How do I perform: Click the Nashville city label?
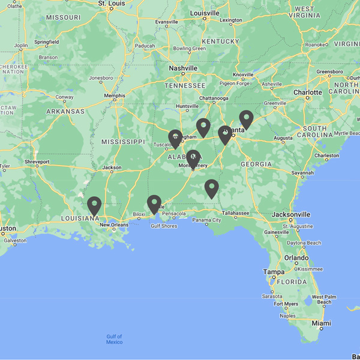pyautogui.click(x=183, y=68)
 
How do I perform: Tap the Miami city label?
pyautogui.click(x=322, y=323)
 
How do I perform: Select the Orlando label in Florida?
pyautogui.click(x=297, y=257)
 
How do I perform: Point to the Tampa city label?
pyautogui.click(x=273, y=272)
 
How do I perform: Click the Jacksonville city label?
pyautogui.click(x=290, y=214)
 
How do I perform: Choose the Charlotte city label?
pyautogui.click(x=307, y=92)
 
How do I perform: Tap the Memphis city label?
pyautogui.click(x=115, y=95)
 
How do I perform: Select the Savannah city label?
pyautogui.click(x=303, y=173)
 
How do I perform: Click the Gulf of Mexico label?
pyautogui.click(x=114, y=339)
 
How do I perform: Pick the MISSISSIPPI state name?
pyautogui.click(x=124, y=142)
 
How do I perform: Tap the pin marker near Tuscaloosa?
pyautogui.click(x=175, y=139)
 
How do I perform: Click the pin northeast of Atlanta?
pyautogui.click(x=246, y=119)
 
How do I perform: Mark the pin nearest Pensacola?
pyautogui.click(x=154, y=204)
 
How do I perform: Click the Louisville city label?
pyautogui.click(x=205, y=13)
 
